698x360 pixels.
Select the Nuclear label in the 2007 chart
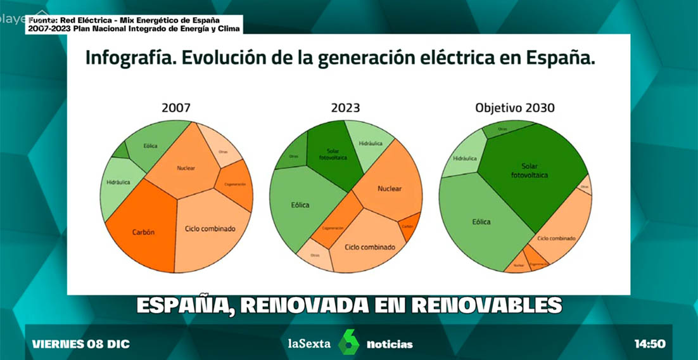(x=186, y=168)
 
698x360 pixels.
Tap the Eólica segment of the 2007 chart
(x=150, y=146)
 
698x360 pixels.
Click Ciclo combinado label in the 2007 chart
(x=210, y=229)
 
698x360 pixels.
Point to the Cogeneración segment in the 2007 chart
(x=234, y=184)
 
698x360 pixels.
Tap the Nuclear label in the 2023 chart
(x=390, y=188)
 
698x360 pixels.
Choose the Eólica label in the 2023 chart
(x=300, y=205)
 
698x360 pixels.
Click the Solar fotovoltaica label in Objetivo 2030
(x=530, y=170)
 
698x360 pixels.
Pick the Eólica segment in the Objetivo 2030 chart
(x=481, y=222)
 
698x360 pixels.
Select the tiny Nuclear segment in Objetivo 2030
(x=518, y=265)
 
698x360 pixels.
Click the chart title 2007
(x=175, y=108)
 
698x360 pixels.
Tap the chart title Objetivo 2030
(x=514, y=108)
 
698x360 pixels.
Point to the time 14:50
(x=649, y=344)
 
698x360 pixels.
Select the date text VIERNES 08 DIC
(x=80, y=344)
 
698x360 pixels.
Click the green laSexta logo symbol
(x=348, y=343)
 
